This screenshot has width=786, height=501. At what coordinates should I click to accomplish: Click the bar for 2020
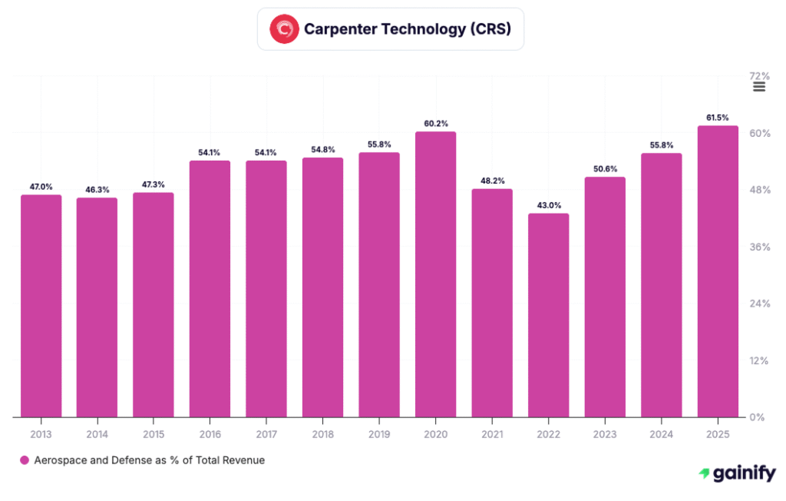pyautogui.click(x=435, y=274)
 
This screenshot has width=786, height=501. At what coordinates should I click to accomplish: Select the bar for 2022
pyautogui.click(x=548, y=315)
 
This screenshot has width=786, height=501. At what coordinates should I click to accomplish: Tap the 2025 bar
pyautogui.click(x=718, y=271)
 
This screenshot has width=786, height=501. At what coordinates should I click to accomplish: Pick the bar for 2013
pyautogui.click(x=41, y=306)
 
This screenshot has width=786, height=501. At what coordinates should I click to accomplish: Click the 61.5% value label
pyautogui.click(x=718, y=118)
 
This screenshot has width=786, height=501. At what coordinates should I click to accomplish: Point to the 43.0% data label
pyautogui.click(x=548, y=205)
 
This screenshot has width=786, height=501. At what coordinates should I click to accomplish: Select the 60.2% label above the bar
pyautogui.click(x=435, y=124)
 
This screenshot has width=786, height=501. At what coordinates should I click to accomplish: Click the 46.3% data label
pyautogui.click(x=97, y=190)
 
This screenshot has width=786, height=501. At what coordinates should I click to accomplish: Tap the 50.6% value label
pyautogui.click(x=605, y=169)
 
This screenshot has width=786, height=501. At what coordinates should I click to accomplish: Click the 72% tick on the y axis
pyautogui.click(x=758, y=76)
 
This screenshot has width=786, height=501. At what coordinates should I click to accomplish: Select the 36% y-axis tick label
pyautogui.click(x=758, y=247)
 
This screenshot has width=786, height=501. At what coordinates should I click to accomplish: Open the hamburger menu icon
pyautogui.click(x=759, y=87)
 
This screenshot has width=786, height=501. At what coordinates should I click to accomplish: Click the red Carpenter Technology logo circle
pyautogui.click(x=284, y=29)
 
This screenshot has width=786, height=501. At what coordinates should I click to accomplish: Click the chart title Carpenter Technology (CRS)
pyautogui.click(x=408, y=29)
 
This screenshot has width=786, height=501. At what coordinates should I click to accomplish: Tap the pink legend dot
pyautogui.click(x=25, y=460)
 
